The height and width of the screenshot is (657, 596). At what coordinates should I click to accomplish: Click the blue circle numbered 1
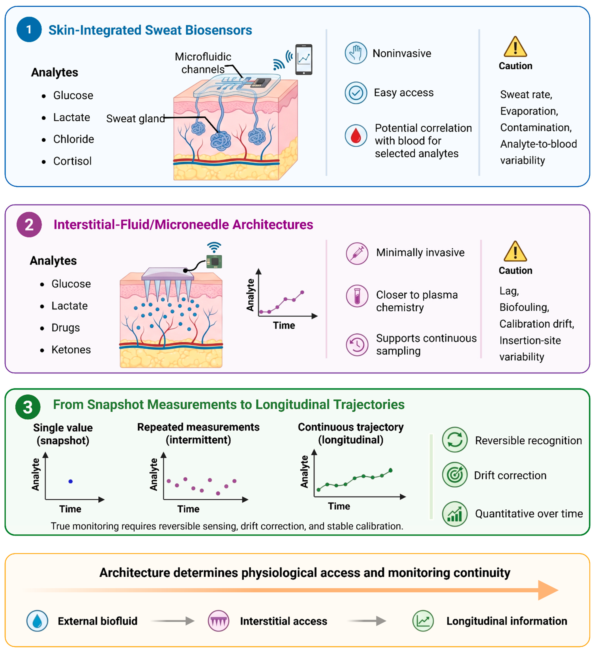pos(29,29)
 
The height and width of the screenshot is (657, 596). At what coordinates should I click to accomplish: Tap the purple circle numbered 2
pos(29,225)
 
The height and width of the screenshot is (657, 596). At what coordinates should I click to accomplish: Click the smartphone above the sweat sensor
pos(304,59)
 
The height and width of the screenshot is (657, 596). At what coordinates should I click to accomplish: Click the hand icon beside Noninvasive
pos(356,53)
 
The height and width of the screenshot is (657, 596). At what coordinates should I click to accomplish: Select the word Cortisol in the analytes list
pos(72,161)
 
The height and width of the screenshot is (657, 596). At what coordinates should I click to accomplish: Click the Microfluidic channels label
pos(203,63)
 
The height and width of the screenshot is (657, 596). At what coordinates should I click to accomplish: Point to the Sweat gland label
pos(136,118)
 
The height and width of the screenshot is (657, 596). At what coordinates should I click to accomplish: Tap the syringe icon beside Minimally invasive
pos(357,253)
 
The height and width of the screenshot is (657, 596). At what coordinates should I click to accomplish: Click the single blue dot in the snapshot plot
pos(70,481)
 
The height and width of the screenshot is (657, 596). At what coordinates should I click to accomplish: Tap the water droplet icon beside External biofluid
pos(37,621)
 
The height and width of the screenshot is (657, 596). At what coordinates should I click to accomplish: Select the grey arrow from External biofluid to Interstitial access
pos(173,621)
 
